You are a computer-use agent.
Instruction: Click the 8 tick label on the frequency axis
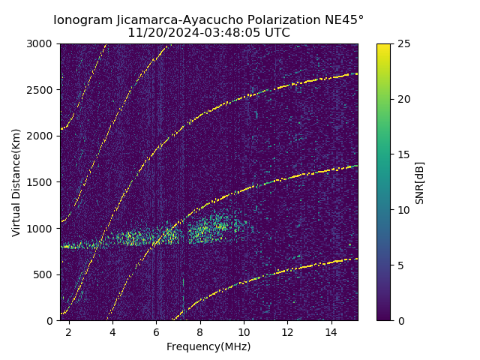pyautogui.click(x=200, y=331)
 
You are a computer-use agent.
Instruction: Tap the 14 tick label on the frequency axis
pyautogui.click(x=331, y=331)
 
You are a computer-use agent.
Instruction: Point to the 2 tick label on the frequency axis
pyautogui.click(x=69, y=331)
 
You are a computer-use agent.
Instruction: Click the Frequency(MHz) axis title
pyautogui.click(x=208, y=346)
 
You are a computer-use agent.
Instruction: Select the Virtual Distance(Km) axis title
pyautogui.click(x=16, y=182)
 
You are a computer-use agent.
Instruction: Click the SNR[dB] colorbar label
pyautogui.click(x=420, y=182)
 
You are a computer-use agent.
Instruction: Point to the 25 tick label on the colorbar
pyautogui.click(x=402, y=43)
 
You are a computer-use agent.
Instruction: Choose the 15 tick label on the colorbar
pyautogui.click(x=402, y=154)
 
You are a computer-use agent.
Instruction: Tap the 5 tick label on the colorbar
pyautogui.click(x=399, y=265)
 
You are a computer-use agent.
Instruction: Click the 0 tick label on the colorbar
pyautogui.click(x=399, y=320)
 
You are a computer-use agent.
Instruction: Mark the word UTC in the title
pyautogui.click(x=277, y=33)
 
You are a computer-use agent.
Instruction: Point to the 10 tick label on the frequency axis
pyautogui.click(x=244, y=331)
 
